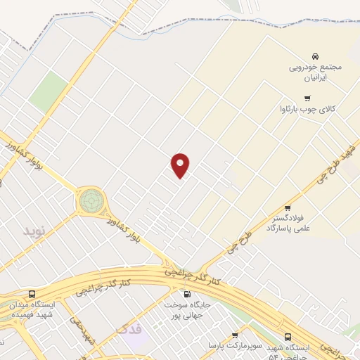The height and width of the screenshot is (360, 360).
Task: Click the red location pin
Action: pyautogui.click(x=181, y=165)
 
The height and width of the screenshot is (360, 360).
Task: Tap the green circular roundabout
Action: pyautogui.click(x=90, y=201)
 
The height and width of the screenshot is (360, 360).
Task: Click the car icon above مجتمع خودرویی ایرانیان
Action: pyautogui.click(x=315, y=56)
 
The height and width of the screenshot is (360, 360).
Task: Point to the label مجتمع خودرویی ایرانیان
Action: pyautogui.click(x=315, y=73)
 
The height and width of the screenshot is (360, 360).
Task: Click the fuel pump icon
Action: pyautogui.click(x=187, y=294)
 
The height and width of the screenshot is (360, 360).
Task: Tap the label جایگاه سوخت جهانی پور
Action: pyautogui.click(x=188, y=311)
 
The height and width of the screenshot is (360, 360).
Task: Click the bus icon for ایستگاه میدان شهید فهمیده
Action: pyautogui.click(x=32, y=294)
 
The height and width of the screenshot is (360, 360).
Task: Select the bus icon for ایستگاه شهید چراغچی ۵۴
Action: pyautogui.click(x=288, y=337)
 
